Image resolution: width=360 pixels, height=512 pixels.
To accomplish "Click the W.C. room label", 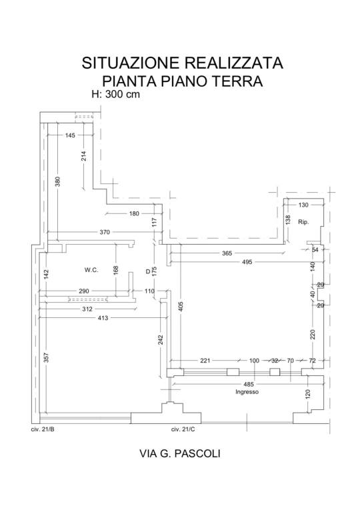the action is click(91, 270).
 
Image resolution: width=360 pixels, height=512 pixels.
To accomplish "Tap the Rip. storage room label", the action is click(303, 222).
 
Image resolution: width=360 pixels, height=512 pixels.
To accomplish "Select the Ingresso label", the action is click(247, 392).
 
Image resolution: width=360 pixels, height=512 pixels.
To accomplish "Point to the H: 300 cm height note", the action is click(115, 95).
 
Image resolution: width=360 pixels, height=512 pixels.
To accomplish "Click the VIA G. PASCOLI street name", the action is click(180, 453).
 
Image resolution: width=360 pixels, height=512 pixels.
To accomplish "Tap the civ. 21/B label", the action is click(43, 429).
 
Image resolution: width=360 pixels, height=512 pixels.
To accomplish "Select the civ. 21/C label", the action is click(183, 429).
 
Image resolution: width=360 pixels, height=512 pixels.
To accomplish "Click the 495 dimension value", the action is click(247, 262).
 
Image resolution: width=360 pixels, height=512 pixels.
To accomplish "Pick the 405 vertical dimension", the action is click(181, 306).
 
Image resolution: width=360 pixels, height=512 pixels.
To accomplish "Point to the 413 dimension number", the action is click(103, 318).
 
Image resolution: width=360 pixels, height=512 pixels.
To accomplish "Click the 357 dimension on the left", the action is click(46, 358).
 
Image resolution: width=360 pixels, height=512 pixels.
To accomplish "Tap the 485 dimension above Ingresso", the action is click(249, 384).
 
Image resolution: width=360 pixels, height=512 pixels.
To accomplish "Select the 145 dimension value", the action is click(70, 135).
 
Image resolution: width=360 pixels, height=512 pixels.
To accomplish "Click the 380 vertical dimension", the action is click(58, 181).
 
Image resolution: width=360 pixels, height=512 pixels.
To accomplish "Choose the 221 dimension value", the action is click(205, 361).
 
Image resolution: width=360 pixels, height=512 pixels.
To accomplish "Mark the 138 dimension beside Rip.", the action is click(288, 220).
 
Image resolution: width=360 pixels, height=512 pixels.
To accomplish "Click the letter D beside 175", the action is click(147, 271).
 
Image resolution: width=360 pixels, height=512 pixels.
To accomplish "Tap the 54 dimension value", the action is click(315, 250).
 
